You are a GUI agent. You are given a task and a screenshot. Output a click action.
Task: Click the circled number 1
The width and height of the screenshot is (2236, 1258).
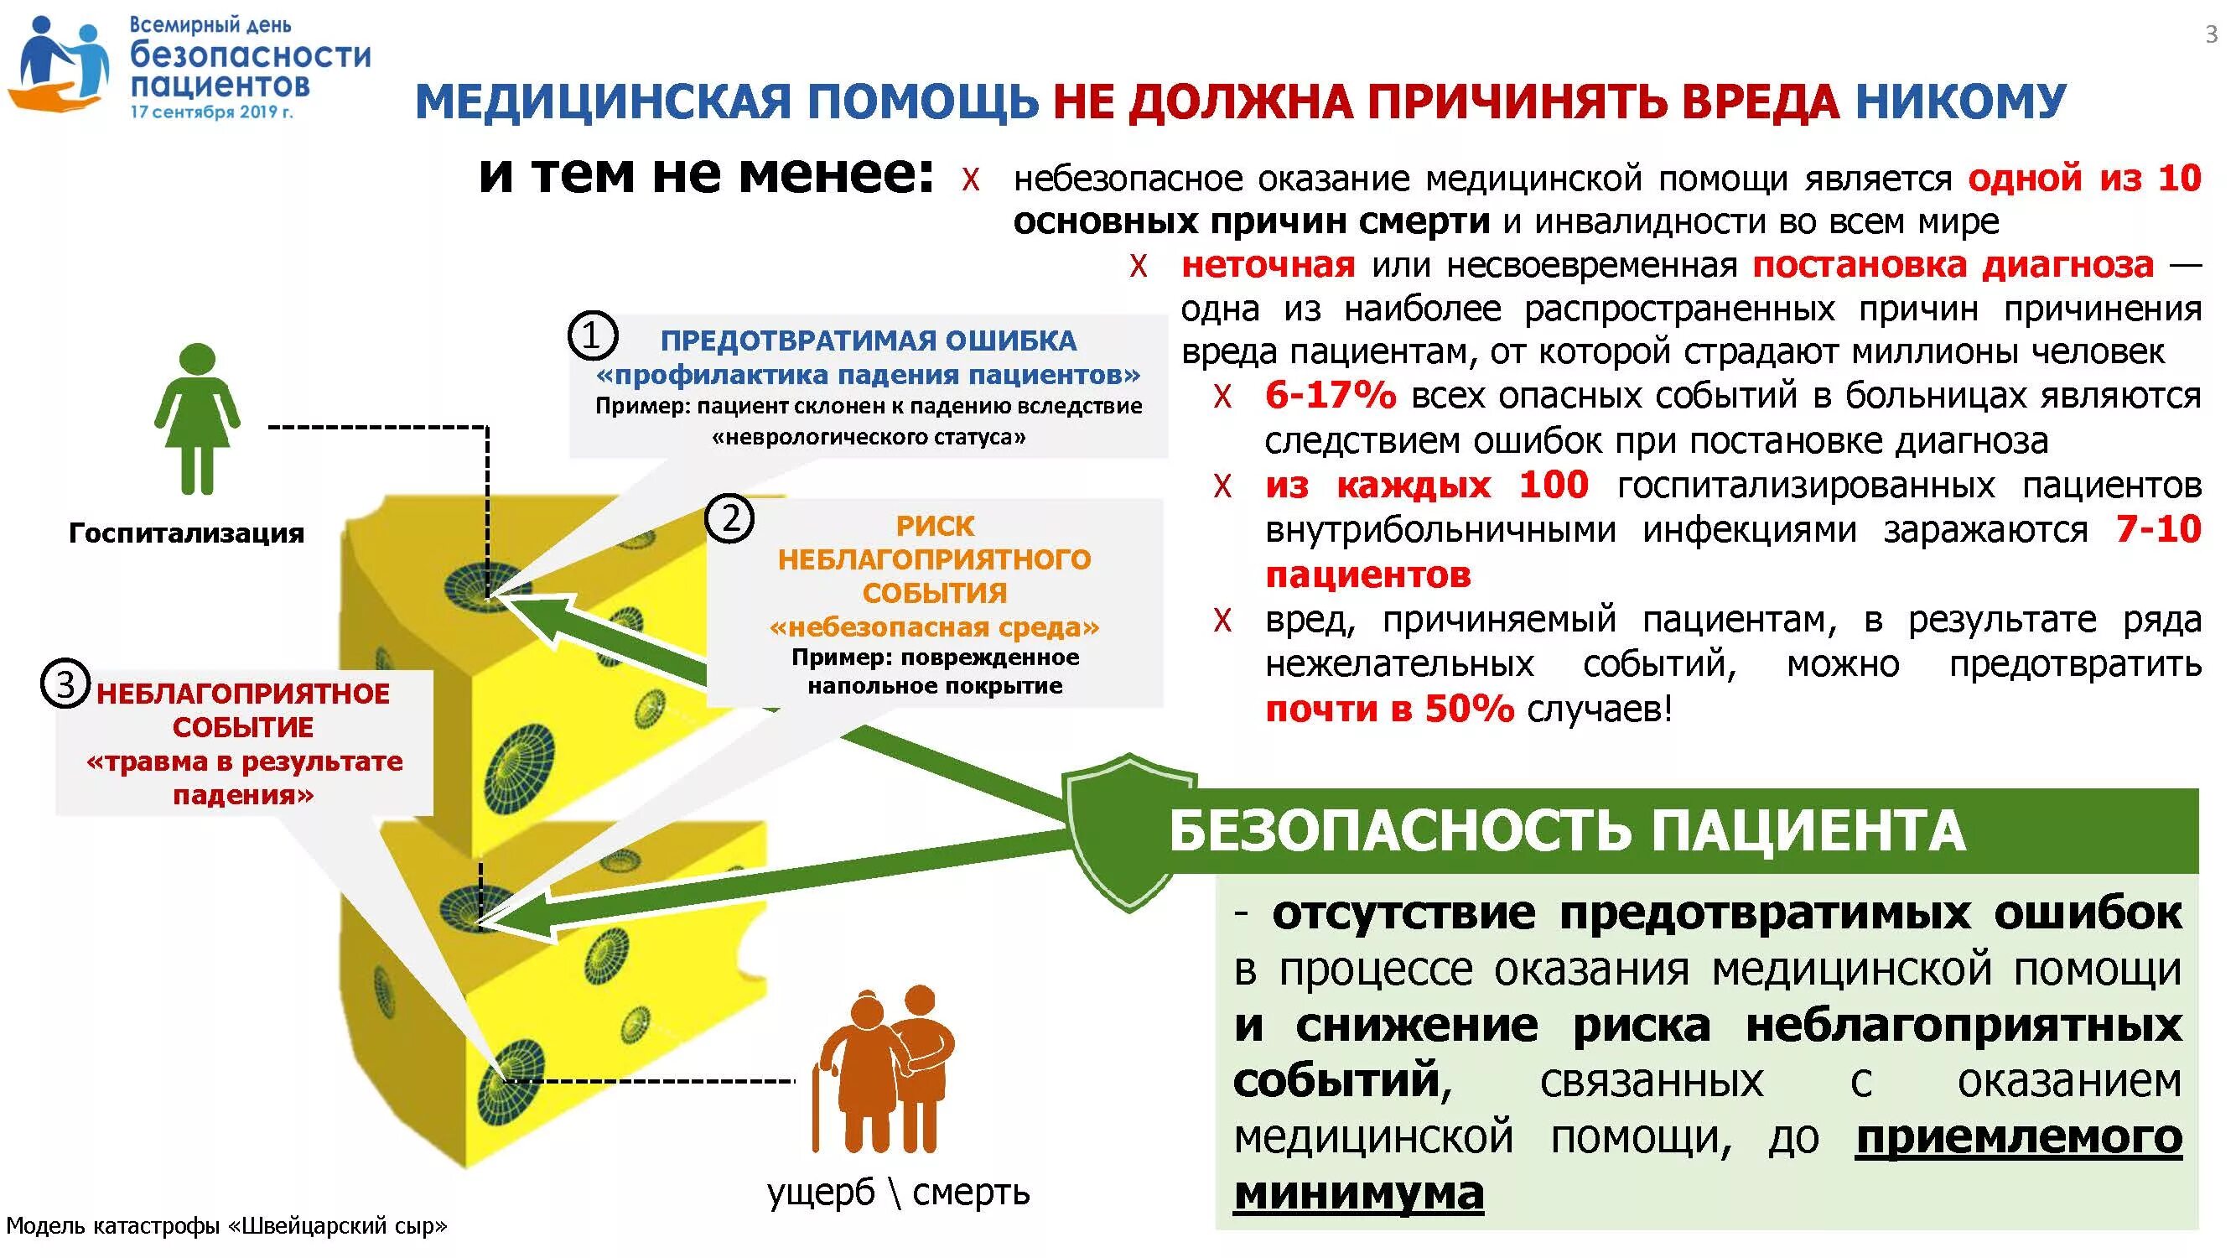[x=592, y=336]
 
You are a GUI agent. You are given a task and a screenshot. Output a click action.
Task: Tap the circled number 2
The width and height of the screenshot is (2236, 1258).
[x=730, y=519]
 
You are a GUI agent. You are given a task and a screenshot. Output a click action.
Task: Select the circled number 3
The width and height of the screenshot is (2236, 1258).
[x=65, y=685]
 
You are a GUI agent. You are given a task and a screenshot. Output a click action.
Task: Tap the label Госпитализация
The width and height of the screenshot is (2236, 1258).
[x=187, y=533]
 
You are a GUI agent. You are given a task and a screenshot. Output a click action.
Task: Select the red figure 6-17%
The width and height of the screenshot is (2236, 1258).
[x=1330, y=396]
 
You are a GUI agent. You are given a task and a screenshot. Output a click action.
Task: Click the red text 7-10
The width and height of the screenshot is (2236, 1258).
[x=2158, y=528]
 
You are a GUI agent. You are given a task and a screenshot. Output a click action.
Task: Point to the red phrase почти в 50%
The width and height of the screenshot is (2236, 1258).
[x=1389, y=710]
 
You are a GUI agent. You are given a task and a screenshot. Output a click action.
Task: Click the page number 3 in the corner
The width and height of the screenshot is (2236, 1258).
[x=2211, y=34]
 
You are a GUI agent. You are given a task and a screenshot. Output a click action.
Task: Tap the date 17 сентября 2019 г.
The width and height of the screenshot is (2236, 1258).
[x=212, y=112]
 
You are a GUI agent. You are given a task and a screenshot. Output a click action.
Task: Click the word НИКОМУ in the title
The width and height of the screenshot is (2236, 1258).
[x=1961, y=101]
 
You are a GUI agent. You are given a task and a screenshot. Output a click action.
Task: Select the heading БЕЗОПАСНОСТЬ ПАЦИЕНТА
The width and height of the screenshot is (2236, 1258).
[x=1567, y=831]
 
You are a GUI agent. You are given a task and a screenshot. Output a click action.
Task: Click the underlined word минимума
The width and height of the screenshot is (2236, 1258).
[x=1358, y=1193]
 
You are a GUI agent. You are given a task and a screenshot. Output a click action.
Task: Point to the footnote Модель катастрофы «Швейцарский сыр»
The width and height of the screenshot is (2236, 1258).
[x=226, y=1226]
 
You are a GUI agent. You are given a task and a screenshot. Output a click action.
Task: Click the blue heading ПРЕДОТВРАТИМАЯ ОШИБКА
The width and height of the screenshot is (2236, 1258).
[x=868, y=340]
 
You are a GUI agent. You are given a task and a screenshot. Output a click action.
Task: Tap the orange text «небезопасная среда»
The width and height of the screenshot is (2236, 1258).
[x=934, y=626]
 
